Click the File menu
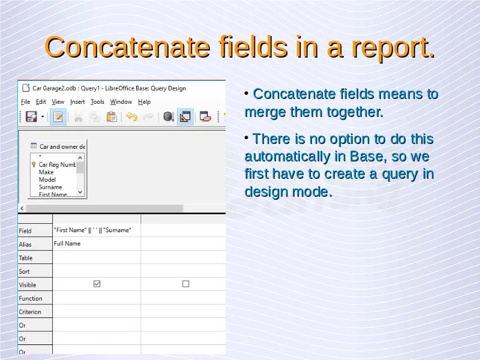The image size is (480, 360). (25, 102)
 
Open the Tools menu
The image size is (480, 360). (97, 102)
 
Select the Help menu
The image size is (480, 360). (144, 102)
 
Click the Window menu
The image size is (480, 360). (121, 102)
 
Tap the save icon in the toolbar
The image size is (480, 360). (31, 116)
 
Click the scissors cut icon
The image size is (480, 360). (79, 116)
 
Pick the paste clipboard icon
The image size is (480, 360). (112, 116)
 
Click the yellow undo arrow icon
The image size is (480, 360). (131, 116)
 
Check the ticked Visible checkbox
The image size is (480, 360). (97, 284)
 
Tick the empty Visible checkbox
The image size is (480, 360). (185, 284)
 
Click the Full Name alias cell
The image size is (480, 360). (67, 244)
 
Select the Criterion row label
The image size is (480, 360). (30, 312)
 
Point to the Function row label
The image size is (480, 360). (31, 298)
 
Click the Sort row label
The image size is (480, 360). (24, 272)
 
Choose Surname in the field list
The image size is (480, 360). (50, 187)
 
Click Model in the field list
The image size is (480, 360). (47, 179)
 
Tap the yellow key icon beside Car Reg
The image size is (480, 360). (34, 164)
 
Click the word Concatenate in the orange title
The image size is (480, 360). (127, 47)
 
